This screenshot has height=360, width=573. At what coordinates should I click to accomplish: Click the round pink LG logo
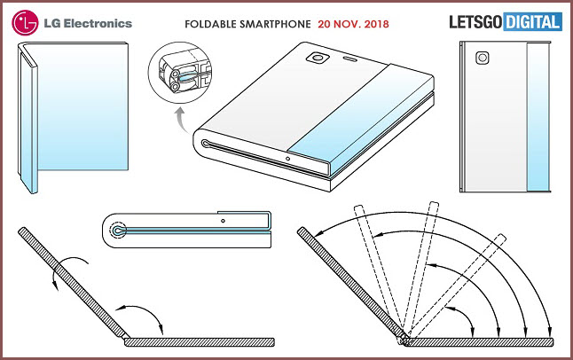[x=25, y=23]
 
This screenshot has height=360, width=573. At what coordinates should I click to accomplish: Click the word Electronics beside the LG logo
[x=98, y=23]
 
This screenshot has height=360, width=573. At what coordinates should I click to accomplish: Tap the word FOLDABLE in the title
[x=210, y=24]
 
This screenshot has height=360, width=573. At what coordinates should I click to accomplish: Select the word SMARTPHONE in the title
[x=276, y=24]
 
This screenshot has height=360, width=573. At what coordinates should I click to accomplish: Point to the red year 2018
[x=377, y=24]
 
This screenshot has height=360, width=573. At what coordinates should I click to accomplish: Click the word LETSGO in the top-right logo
[x=475, y=22]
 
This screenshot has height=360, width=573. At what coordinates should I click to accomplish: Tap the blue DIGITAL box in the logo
[x=533, y=22]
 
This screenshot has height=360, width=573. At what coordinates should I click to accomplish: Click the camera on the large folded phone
[x=318, y=58]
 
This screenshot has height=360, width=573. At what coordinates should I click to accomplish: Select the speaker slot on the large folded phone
[x=351, y=59]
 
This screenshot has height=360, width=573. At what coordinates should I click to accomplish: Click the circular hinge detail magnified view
[x=180, y=73]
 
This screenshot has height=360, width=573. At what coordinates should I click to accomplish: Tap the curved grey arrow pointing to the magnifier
[x=182, y=120]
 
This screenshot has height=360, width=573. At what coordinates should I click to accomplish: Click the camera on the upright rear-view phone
[x=483, y=58]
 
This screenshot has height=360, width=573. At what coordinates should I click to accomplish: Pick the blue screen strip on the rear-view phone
[x=538, y=116]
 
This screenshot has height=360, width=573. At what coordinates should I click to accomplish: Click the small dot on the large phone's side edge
[x=288, y=159]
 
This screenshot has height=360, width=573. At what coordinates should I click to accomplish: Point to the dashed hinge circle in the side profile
[x=118, y=231]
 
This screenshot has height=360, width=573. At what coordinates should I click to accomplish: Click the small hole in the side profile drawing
[x=223, y=221]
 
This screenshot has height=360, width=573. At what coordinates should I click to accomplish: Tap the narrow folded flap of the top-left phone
[x=27, y=121]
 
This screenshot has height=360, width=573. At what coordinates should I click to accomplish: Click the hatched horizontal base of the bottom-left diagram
[x=200, y=342]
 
